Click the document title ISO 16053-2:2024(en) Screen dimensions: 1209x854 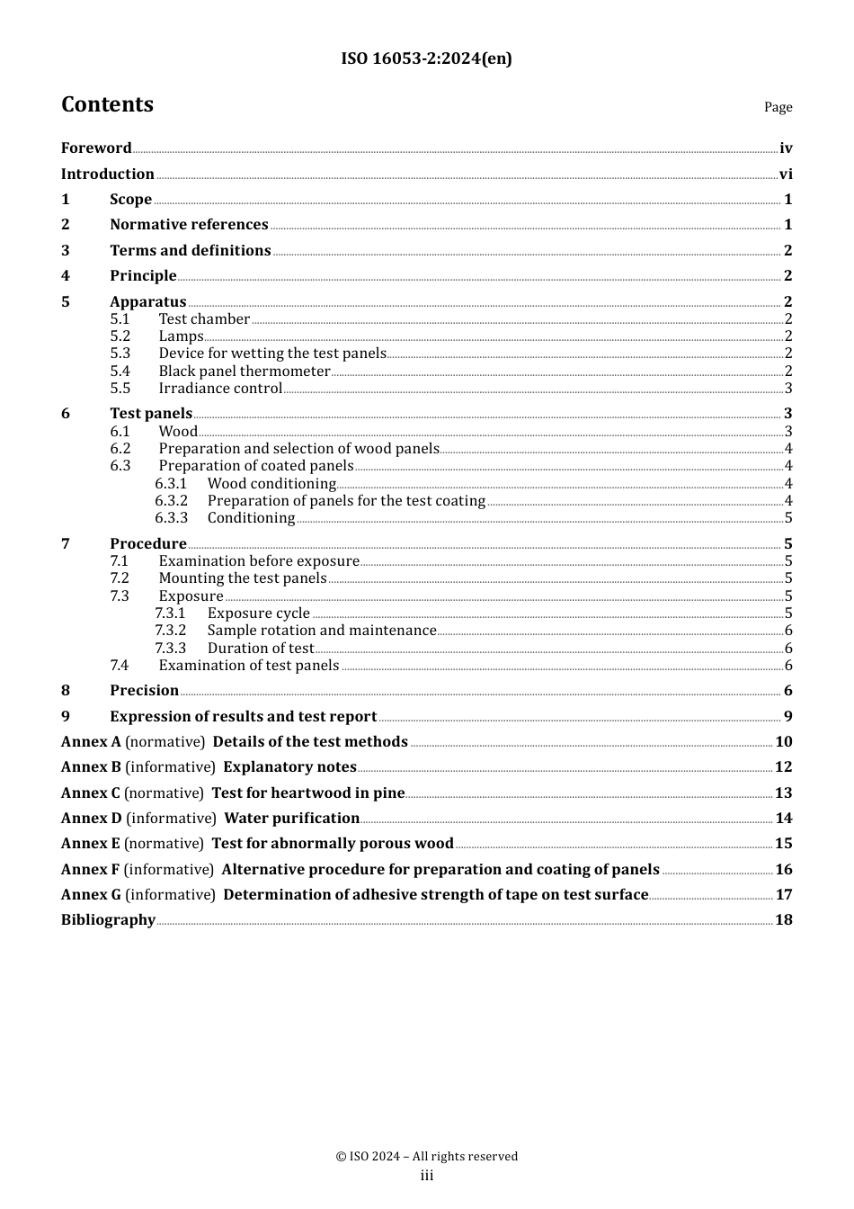[426, 59]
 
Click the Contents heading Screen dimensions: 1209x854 [107, 104]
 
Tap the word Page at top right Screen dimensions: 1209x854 [778, 107]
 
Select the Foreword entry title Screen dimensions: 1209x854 [96, 148]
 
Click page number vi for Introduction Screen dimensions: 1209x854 [786, 175]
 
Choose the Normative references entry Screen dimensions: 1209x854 [189, 225]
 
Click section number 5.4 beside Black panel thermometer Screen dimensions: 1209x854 [120, 372]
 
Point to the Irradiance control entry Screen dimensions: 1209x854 [220, 389]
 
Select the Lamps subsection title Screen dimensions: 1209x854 [181, 336]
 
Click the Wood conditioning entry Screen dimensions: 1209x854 [271, 484]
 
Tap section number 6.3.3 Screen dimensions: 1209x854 [171, 518]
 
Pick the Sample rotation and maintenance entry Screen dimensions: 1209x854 [322, 631]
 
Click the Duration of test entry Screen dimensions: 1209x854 [261, 649]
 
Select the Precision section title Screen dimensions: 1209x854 [144, 691]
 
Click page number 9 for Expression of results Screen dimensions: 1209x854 [787, 717]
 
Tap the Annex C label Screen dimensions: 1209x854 [90, 793]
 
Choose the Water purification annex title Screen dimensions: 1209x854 [291, 819]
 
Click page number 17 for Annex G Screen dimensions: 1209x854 [784, 895]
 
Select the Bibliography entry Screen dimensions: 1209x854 [108, 920]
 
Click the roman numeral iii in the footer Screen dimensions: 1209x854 [427, 1176]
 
